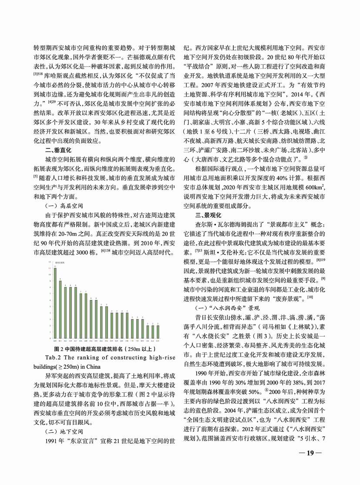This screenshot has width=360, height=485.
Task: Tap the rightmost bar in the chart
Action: click(158, 331)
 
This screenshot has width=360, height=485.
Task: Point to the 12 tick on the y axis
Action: click(50, 262)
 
